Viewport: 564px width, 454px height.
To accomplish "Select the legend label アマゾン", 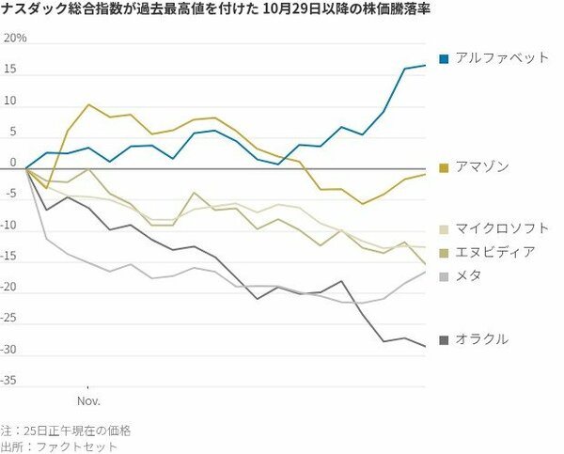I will pos(482,166).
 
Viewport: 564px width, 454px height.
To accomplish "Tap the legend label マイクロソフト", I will pos(502,228).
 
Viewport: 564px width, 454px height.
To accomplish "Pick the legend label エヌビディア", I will pos(495,251).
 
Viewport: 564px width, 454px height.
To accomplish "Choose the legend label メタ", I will pos(469,274).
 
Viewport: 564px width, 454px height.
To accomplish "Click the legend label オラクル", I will pos(482,338).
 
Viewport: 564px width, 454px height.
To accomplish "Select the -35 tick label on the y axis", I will pos(12,381).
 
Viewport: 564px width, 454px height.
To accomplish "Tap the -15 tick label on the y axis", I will pos(12,257).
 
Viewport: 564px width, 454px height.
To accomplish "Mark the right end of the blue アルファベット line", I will pos(425,65).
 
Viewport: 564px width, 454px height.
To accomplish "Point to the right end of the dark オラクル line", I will pos(425,347).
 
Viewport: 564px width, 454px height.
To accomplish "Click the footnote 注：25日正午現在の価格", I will pos(66,430).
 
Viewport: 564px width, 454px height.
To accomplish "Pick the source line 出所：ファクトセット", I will pos(60,446).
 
